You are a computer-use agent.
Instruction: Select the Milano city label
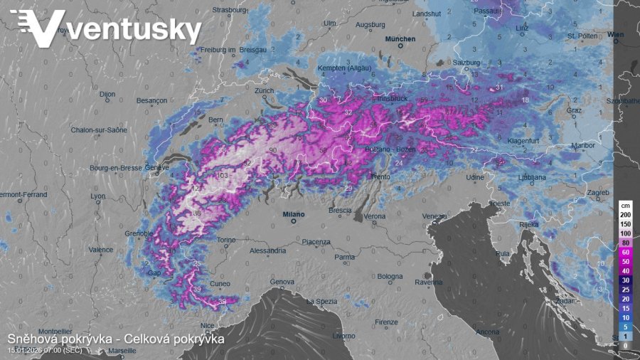pyautogui.click(x=293, y=213)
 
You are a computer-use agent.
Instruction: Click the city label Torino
pyautogui.click(x=226, y=240)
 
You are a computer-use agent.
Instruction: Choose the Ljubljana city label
pyautogui.click(x=530, y=176)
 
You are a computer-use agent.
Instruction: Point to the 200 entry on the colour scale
pyautogui.click(x=625, y=214)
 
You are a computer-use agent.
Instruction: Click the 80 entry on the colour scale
pyautogui.click(x=625, y=243)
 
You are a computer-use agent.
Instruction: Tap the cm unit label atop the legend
pyautogui.click(x=625, y=205)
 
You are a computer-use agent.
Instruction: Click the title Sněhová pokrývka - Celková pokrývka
pyautogui.click(x=116, y=339)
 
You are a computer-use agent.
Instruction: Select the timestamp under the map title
pyautogui.click(x=44, y=350)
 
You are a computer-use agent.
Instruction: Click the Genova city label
pyautogui.click(x=282, y=282)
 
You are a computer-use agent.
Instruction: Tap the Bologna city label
pyautogui.click(x=390, y=276)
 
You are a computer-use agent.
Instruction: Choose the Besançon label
pyautogui.click(x=151, y=101)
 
